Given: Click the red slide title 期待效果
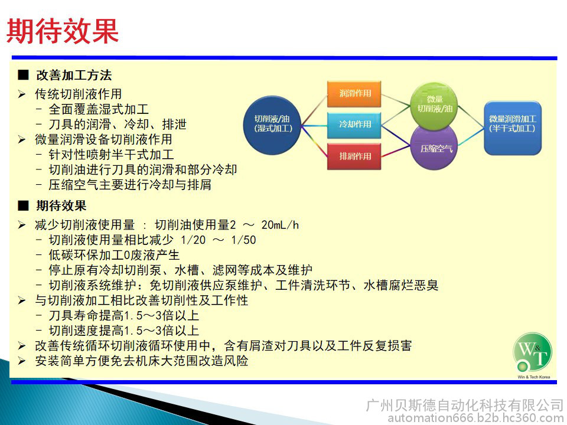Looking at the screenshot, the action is (63, 31).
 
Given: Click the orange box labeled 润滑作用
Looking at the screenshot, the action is (354, 94).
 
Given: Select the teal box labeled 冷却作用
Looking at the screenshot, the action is (354, 125).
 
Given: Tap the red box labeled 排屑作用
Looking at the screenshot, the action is (354, 156).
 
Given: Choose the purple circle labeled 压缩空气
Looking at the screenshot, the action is (434, 147).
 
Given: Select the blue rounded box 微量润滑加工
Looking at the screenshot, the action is (513, 128).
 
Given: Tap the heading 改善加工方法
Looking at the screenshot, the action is (74, 75).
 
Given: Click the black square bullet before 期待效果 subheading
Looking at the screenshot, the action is (23, 205).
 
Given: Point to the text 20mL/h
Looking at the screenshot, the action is (280, 225).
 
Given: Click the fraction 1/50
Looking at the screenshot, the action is (243, 240).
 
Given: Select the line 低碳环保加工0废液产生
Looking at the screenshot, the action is (114, 255).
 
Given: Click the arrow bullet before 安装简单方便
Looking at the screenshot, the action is (22, 361).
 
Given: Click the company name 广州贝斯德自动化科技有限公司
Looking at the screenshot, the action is (465, 405).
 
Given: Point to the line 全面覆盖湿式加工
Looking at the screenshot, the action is (99, 109).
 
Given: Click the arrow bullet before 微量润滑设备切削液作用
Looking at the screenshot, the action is (22, 139).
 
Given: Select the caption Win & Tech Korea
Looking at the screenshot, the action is (534, 377).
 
